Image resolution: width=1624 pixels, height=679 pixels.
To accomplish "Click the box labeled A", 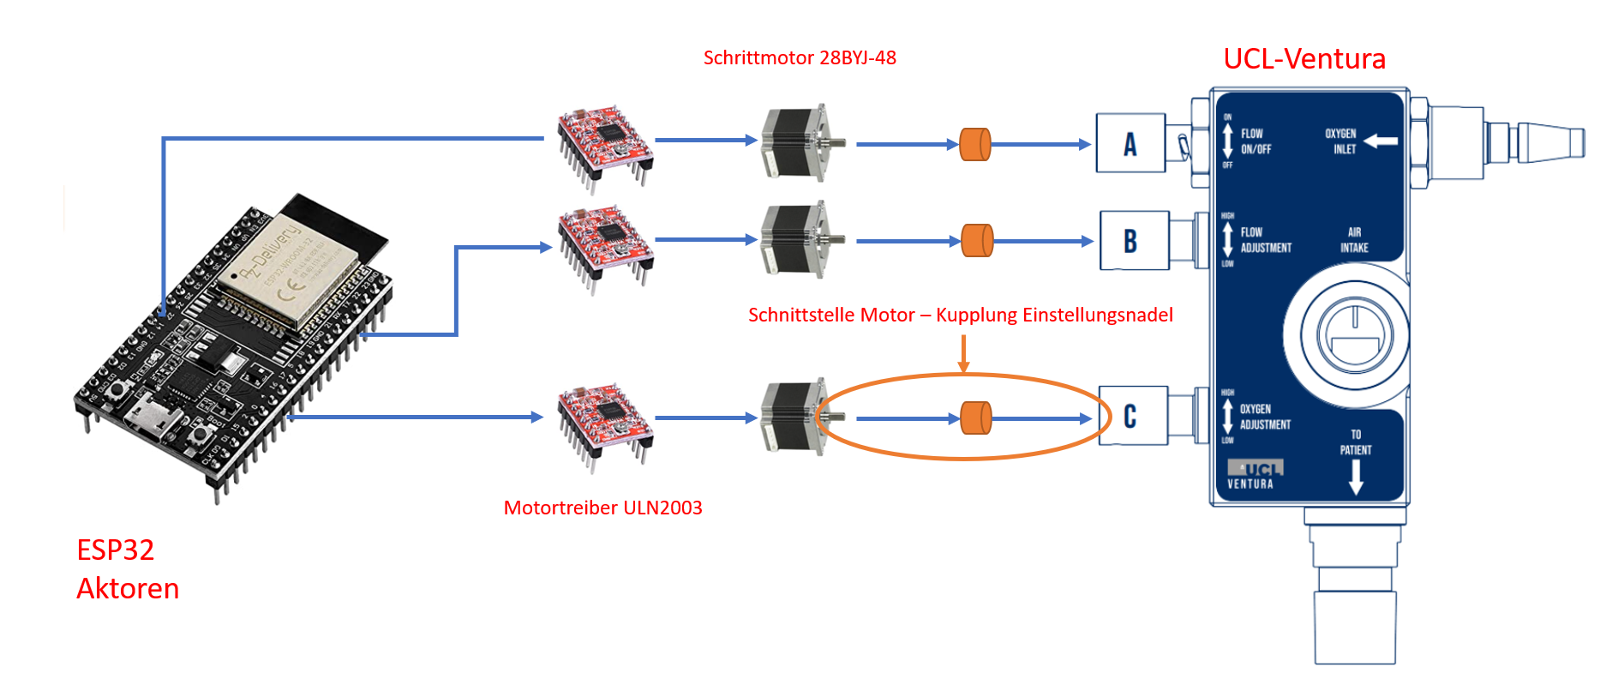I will click(1130, 143).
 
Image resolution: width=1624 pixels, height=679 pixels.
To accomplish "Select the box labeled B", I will click(1133, 241).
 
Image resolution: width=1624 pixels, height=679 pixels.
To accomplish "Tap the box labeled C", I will click(1132, 417).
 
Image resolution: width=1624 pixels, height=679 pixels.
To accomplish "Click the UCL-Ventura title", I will click(1303, 58).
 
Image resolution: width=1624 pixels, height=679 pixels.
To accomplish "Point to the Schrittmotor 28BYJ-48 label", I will click(799, 57).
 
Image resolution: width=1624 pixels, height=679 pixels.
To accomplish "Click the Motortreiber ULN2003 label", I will click(602, 508).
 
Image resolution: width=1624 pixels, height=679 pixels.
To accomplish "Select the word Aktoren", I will click(128, 588).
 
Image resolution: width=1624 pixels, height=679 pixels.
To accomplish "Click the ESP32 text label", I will click(115, 550).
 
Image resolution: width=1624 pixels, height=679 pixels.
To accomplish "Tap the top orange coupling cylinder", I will click(974, 144).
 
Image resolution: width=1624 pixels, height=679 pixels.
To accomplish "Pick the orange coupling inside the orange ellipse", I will click(975, 418).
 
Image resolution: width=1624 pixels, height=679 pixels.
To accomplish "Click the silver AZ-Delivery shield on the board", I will click(287, 270).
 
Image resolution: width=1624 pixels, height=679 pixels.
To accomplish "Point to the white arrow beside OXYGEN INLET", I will click(1380, 141).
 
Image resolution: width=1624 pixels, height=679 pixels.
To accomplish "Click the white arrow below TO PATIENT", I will click(1356, 478).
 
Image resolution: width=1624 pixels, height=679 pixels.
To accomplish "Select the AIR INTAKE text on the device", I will click(1354, 240).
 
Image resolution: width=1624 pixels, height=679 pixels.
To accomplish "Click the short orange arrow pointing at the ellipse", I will click(963, 353).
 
